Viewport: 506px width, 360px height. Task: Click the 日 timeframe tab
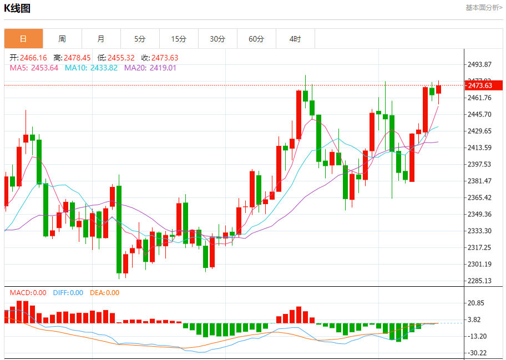23,39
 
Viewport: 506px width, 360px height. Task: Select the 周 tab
62,39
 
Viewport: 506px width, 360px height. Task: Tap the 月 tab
101,39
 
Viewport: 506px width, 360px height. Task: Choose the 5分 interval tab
140,39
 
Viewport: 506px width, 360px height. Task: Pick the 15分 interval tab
179,39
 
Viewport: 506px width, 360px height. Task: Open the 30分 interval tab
217,39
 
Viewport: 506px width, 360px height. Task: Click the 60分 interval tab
256,39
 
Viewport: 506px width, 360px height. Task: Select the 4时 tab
295,39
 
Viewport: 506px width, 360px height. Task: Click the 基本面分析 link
484,8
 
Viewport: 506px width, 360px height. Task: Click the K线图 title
17,8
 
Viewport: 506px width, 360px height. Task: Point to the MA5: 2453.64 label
34,68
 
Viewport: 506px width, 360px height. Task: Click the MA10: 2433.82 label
91,68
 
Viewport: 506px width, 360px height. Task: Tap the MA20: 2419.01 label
150,68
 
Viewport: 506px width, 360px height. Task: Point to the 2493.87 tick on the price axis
480,64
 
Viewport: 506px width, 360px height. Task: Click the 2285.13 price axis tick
480,281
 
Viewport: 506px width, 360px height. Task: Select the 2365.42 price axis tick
480,197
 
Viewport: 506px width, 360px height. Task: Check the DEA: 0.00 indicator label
104,293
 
